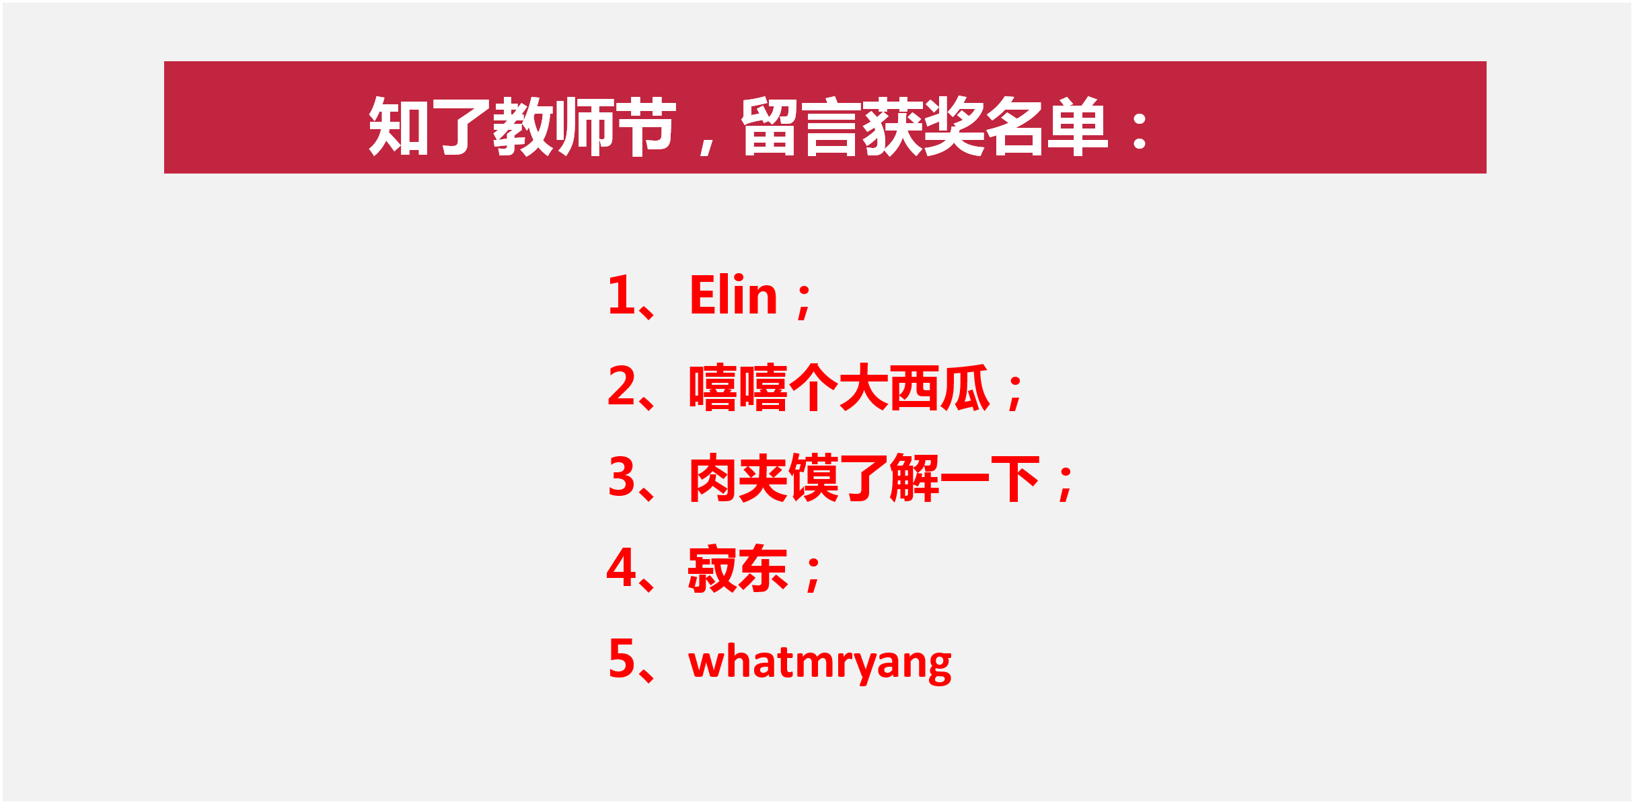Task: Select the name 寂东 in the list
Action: tap(737, 569)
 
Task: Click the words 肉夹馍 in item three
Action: tap(764, 478)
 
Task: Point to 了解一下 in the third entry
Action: tap(940, 478)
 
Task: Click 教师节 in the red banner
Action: tap(584, 126)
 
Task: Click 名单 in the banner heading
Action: tap(1046, 126)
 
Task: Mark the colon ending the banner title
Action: tap(1140, 131)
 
